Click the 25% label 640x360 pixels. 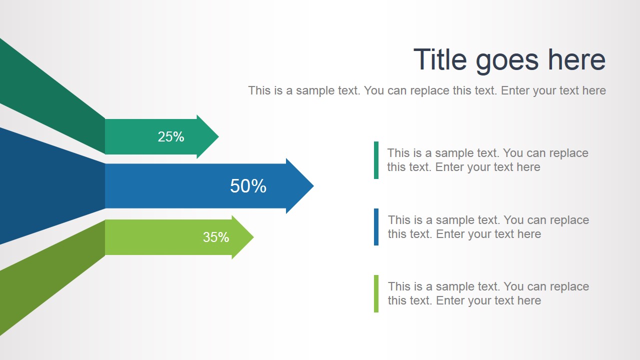pos(171,137)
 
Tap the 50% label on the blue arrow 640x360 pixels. pos(248,186)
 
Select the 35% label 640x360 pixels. pos(216,237)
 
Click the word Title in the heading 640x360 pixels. pos(440,59)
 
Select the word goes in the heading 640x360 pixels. pos(507,61)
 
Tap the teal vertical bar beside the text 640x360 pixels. pos(376,160)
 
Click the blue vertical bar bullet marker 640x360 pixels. pos(376,227)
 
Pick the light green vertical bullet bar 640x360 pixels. pos(376,293)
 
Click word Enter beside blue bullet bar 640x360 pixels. pos(451,234)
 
